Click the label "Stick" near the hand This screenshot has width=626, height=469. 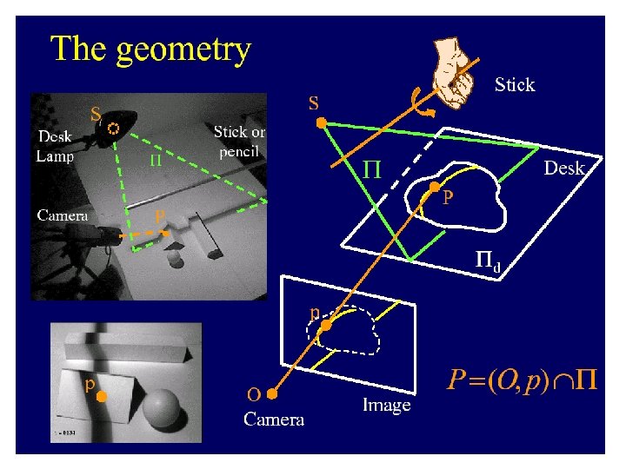coord(515,85)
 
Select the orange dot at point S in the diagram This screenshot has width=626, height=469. coord(321,124)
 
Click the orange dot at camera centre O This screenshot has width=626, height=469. coord(272,393)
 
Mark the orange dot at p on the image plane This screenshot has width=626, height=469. coord(326,325)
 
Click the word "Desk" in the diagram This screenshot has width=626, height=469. coord(564,168)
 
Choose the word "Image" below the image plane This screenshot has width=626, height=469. coord(386,405)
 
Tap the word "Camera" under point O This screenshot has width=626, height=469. coord(274,420)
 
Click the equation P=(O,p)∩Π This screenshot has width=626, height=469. coord(523,380)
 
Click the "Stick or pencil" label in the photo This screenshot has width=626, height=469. coord(240,142)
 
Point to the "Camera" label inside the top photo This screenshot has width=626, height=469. coord(63,215)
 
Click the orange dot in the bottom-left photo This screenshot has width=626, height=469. coord(101,397)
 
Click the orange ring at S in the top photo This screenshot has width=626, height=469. coord(113,128)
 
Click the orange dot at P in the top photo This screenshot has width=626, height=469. coord(166,233)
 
